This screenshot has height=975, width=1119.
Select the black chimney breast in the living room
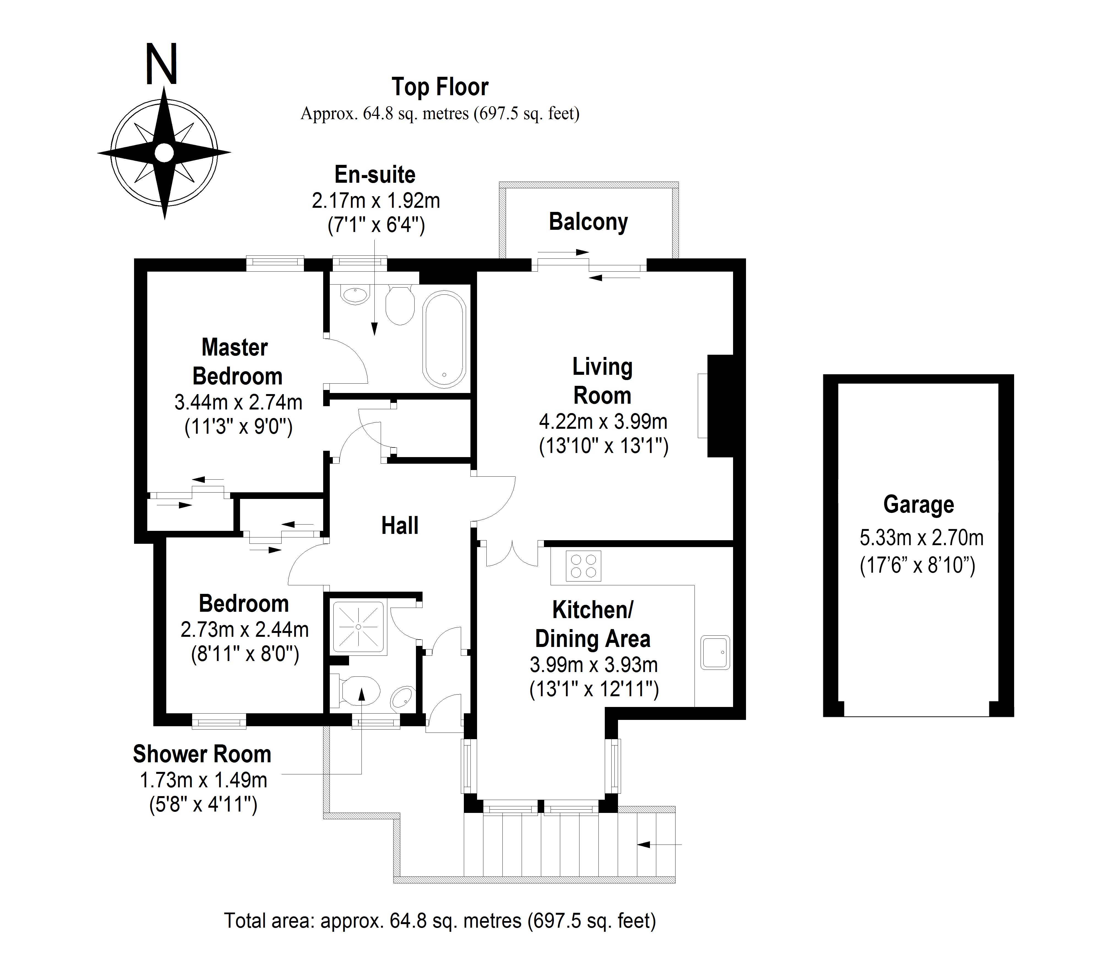point(720,405)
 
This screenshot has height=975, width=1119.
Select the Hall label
point(399,526)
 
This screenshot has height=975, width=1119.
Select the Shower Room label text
point(202,754)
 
